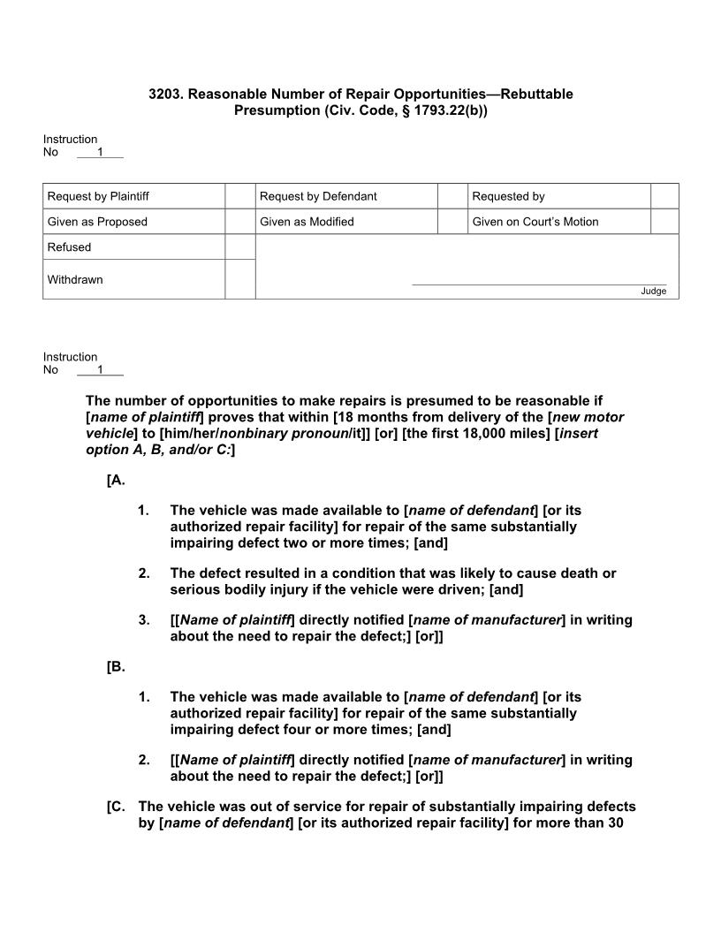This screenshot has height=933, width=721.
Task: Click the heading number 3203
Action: click(x=165, y=94)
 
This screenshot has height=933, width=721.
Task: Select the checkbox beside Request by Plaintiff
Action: click(x=239, y=196)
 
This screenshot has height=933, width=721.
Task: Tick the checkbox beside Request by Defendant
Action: click(x=452, y=196)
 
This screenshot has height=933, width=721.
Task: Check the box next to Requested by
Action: click(x=664, y=196)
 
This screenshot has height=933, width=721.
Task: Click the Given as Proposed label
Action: click(x=97, y=222)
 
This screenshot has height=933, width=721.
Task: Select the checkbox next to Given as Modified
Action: click(x=452, y=222)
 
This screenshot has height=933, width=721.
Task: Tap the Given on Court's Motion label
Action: click(x=535, y=222)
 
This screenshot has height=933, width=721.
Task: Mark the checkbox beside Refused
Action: click(x=239, y=247)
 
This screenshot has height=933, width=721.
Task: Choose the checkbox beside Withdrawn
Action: click(x=239, y=279)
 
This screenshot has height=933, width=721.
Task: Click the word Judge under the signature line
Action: click(x=654, y=292)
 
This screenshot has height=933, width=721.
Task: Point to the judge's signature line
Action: click(x=539, y=284)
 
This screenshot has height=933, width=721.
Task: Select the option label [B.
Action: click(x=116, y=667)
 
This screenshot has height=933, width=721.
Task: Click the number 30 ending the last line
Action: click(x=619, y=823)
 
